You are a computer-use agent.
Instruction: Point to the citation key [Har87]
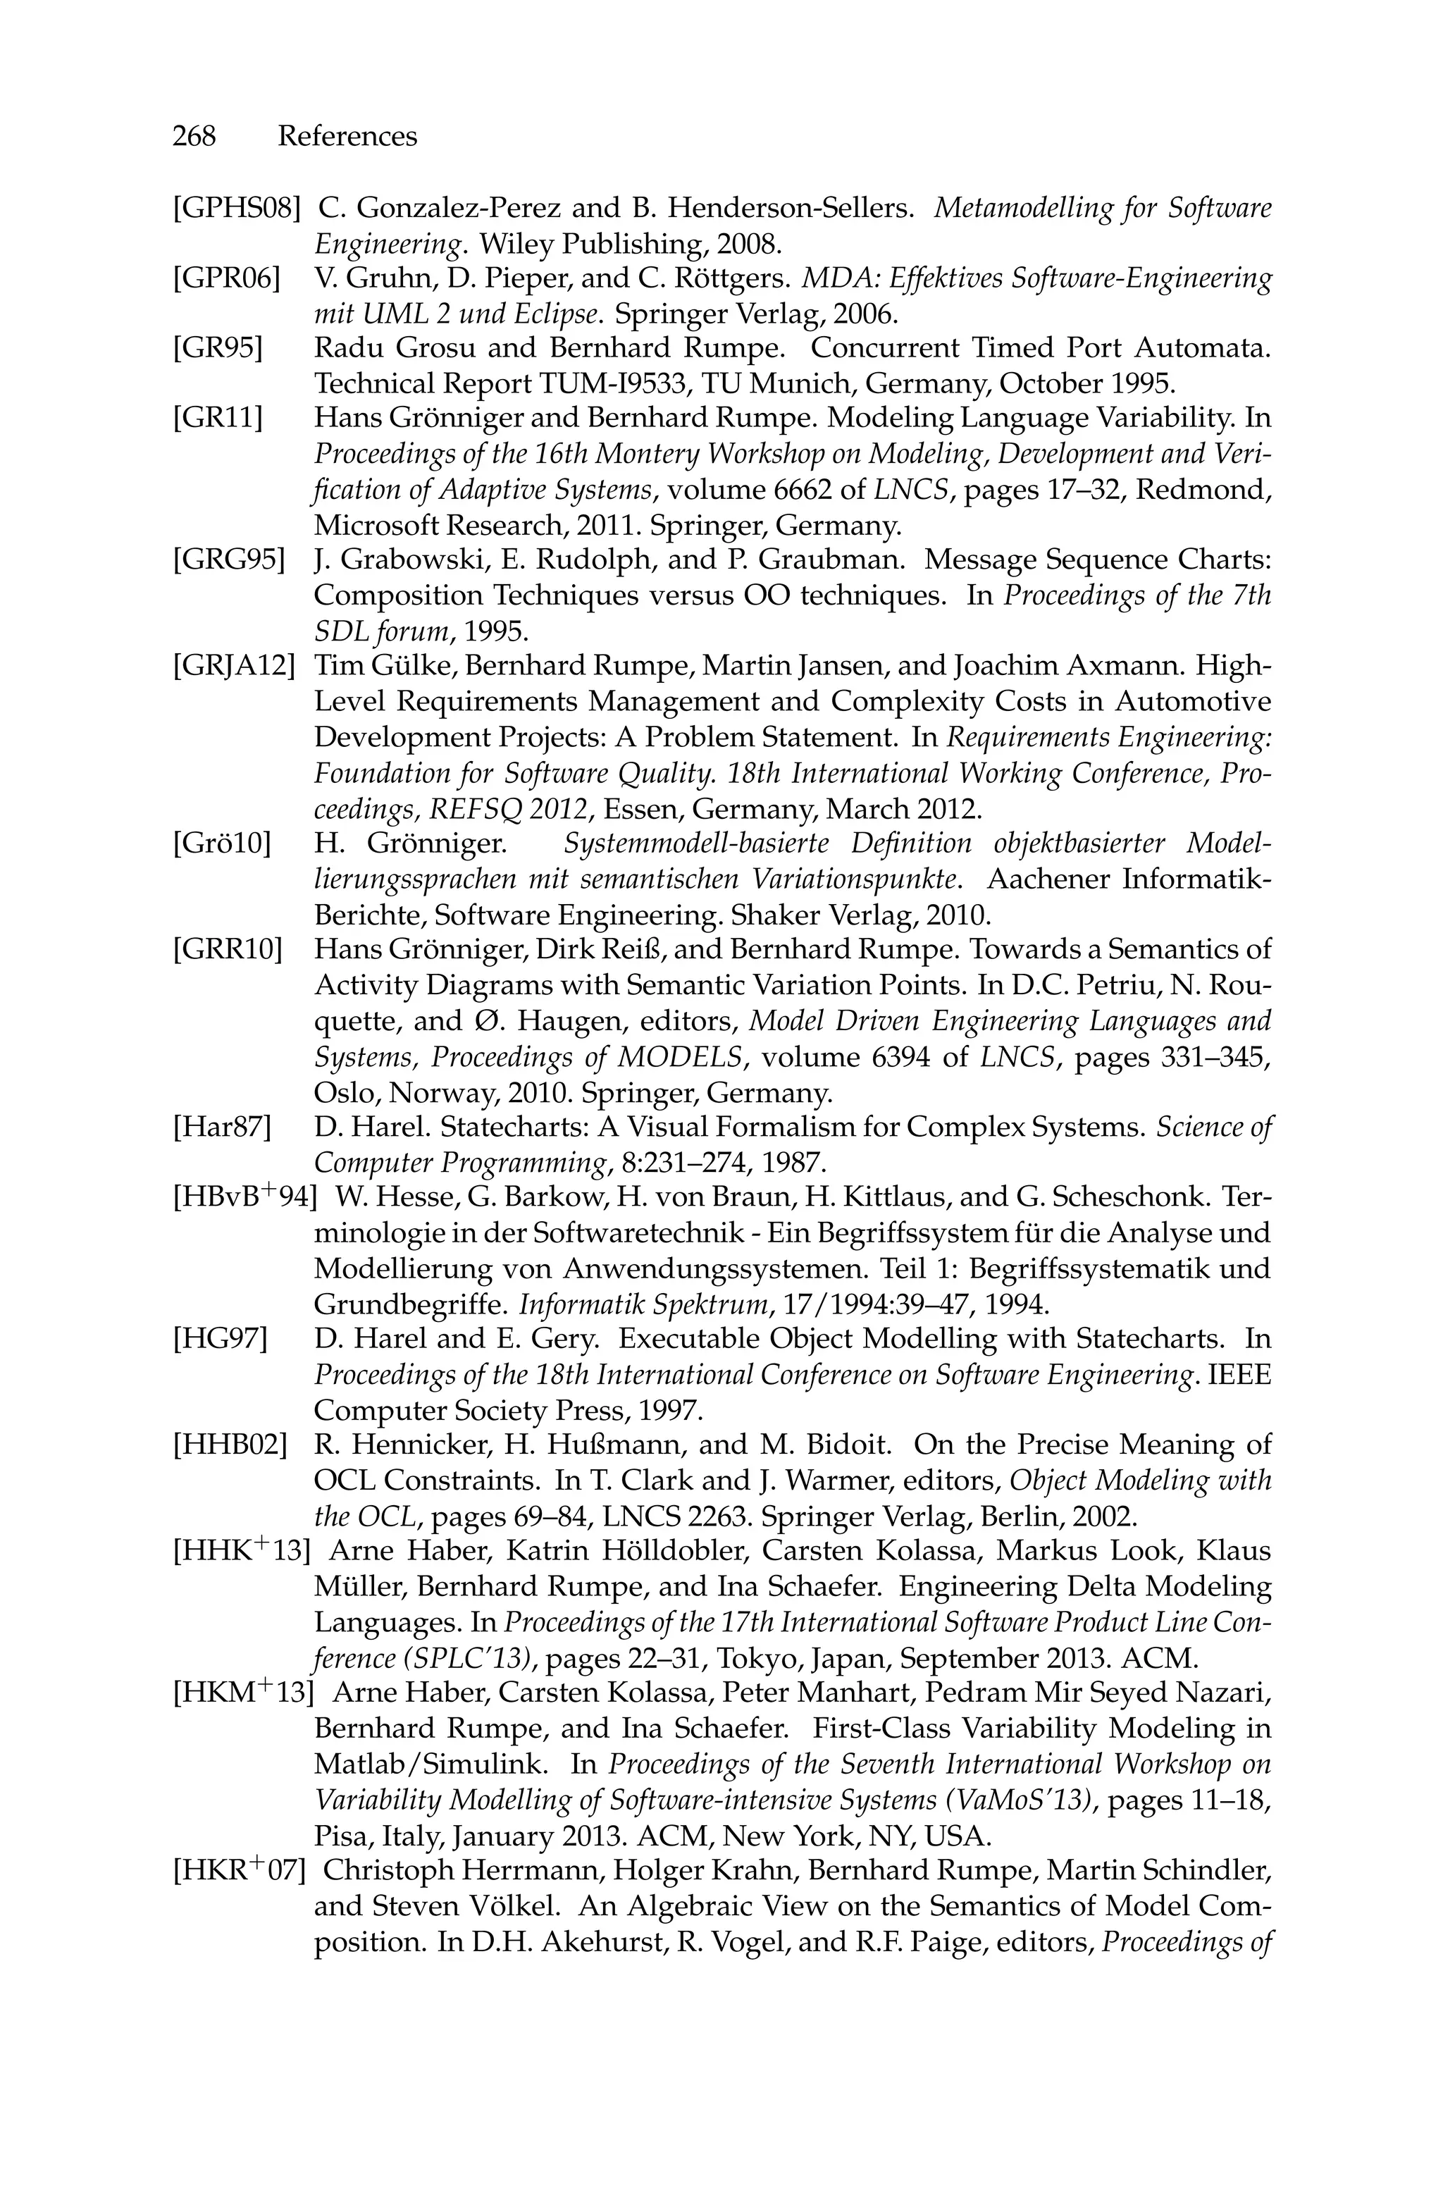tap(222, 1127)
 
